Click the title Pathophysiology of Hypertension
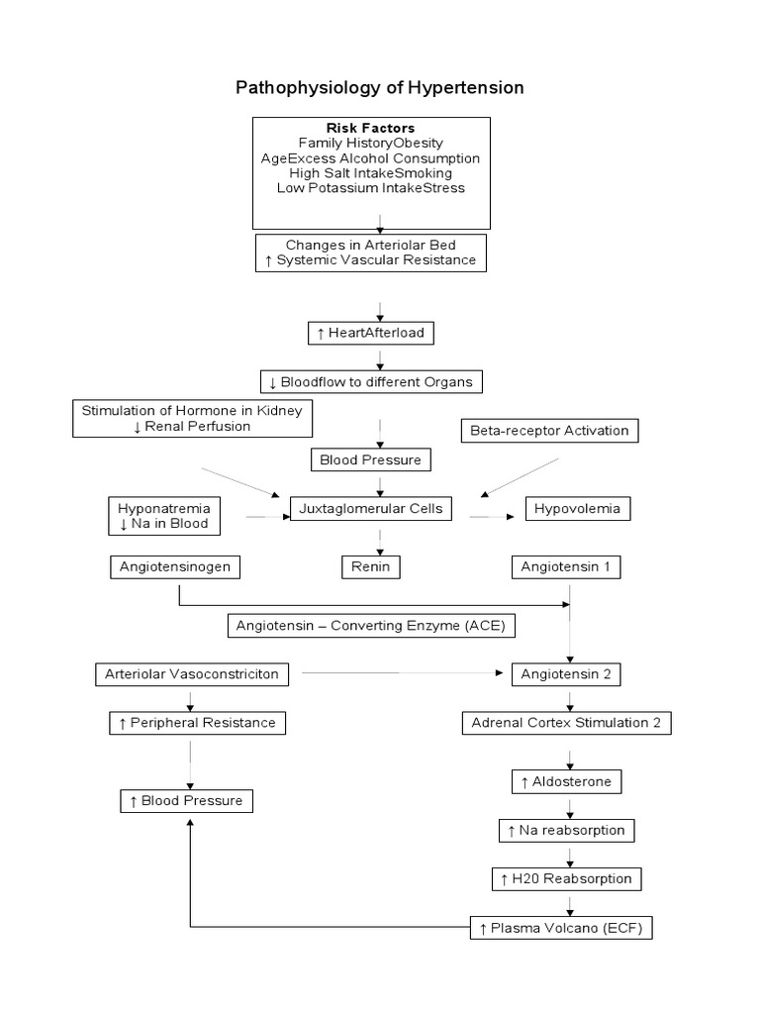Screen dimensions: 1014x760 [379, 87]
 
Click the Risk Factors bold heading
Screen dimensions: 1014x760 [371, 128]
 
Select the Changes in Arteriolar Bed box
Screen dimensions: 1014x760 [371, 253]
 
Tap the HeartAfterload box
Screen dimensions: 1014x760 [370, 333]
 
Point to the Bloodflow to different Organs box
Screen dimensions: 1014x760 [371, 380]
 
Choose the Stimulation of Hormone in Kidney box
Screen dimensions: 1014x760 [193, 419]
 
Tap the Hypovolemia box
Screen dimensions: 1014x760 [577, 509]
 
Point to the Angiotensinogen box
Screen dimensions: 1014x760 [175, 567]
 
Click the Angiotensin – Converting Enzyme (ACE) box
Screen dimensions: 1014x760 [372, 626]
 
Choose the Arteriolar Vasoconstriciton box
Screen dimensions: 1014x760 [192, 674]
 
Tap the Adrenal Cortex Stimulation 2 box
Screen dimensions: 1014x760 [567, 723]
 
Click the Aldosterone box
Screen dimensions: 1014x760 [567, 781]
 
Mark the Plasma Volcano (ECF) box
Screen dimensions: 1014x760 [562, 928]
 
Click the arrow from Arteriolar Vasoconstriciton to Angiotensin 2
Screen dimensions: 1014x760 [401, 673]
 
